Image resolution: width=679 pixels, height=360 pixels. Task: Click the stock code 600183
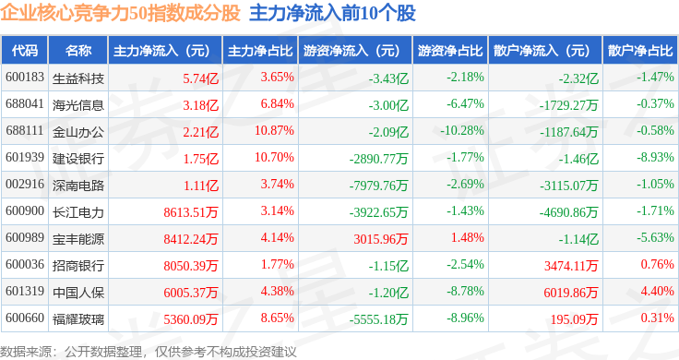click(25, 78)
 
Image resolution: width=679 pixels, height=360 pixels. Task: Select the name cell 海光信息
click(77, 105)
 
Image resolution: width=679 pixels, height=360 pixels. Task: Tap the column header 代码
click(25, 50)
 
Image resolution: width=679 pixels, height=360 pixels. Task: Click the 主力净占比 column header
click(260, 50)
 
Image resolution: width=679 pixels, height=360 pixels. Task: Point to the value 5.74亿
click(200, 78)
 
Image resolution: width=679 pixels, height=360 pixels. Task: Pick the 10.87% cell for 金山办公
click(274, 130)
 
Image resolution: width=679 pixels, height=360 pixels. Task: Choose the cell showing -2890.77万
click(378, 159)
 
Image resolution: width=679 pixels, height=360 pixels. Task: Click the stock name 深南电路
click(77, 185)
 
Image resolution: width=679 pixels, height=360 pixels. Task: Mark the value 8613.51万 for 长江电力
click(191, 212)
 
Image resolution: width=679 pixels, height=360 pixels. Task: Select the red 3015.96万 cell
click(381, 239)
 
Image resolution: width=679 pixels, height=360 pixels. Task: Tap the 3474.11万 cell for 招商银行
click(571, 266)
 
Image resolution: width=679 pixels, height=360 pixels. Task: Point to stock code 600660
click(25, 318)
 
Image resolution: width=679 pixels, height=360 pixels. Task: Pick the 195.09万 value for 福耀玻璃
click(574, 319)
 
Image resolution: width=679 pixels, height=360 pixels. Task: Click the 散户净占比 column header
click(640, 50)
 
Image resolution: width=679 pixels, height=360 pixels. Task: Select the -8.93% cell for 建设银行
click(655, 157)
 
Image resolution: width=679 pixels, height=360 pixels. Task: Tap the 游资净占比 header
click(450, 50)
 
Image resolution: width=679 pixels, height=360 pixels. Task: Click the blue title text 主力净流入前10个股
click(332, 13)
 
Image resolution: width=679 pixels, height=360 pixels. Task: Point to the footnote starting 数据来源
click(149, 352)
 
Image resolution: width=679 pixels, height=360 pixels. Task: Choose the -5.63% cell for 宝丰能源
click(655, 237)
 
